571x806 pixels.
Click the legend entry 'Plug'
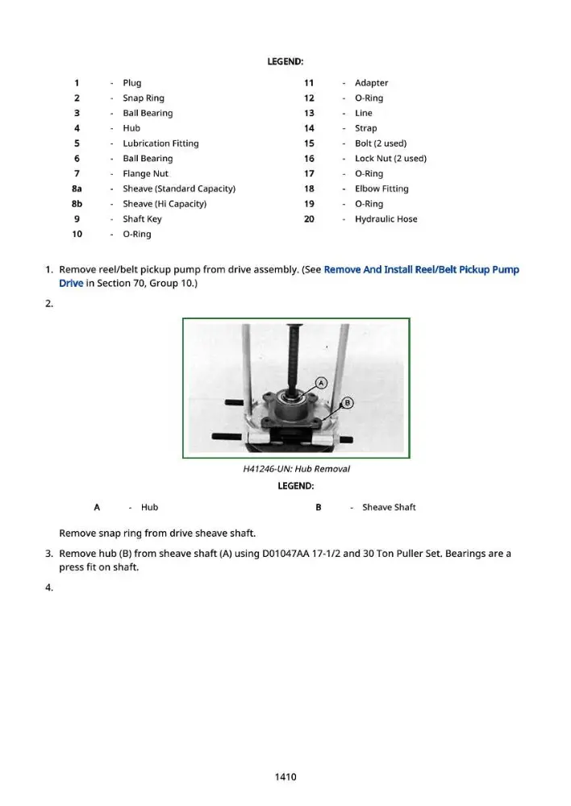(131, 83)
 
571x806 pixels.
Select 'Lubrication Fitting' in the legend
(160, 143)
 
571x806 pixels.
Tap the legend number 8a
(77, 189)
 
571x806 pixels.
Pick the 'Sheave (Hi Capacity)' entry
(165, 204)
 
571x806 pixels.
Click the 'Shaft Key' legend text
(142, 219)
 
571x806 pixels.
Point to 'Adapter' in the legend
(372, 83)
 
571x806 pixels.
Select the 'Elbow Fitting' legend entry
(381, 189)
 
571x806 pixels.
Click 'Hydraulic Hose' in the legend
(386, 219)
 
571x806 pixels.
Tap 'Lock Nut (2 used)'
(390, 158)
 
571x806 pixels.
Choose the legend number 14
(309, 128)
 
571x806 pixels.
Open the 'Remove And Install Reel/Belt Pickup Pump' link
(421, 269)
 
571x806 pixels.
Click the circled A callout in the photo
(321, 383)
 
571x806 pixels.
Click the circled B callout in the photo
(348, 402)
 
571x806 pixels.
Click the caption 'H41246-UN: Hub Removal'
(296, 469)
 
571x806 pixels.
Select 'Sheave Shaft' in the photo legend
(389, 507)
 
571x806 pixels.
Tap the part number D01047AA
(286, 554)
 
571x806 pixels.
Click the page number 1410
(285, 777)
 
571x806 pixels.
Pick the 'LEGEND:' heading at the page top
(285, 62)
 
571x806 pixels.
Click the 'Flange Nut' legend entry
(146, 174)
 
